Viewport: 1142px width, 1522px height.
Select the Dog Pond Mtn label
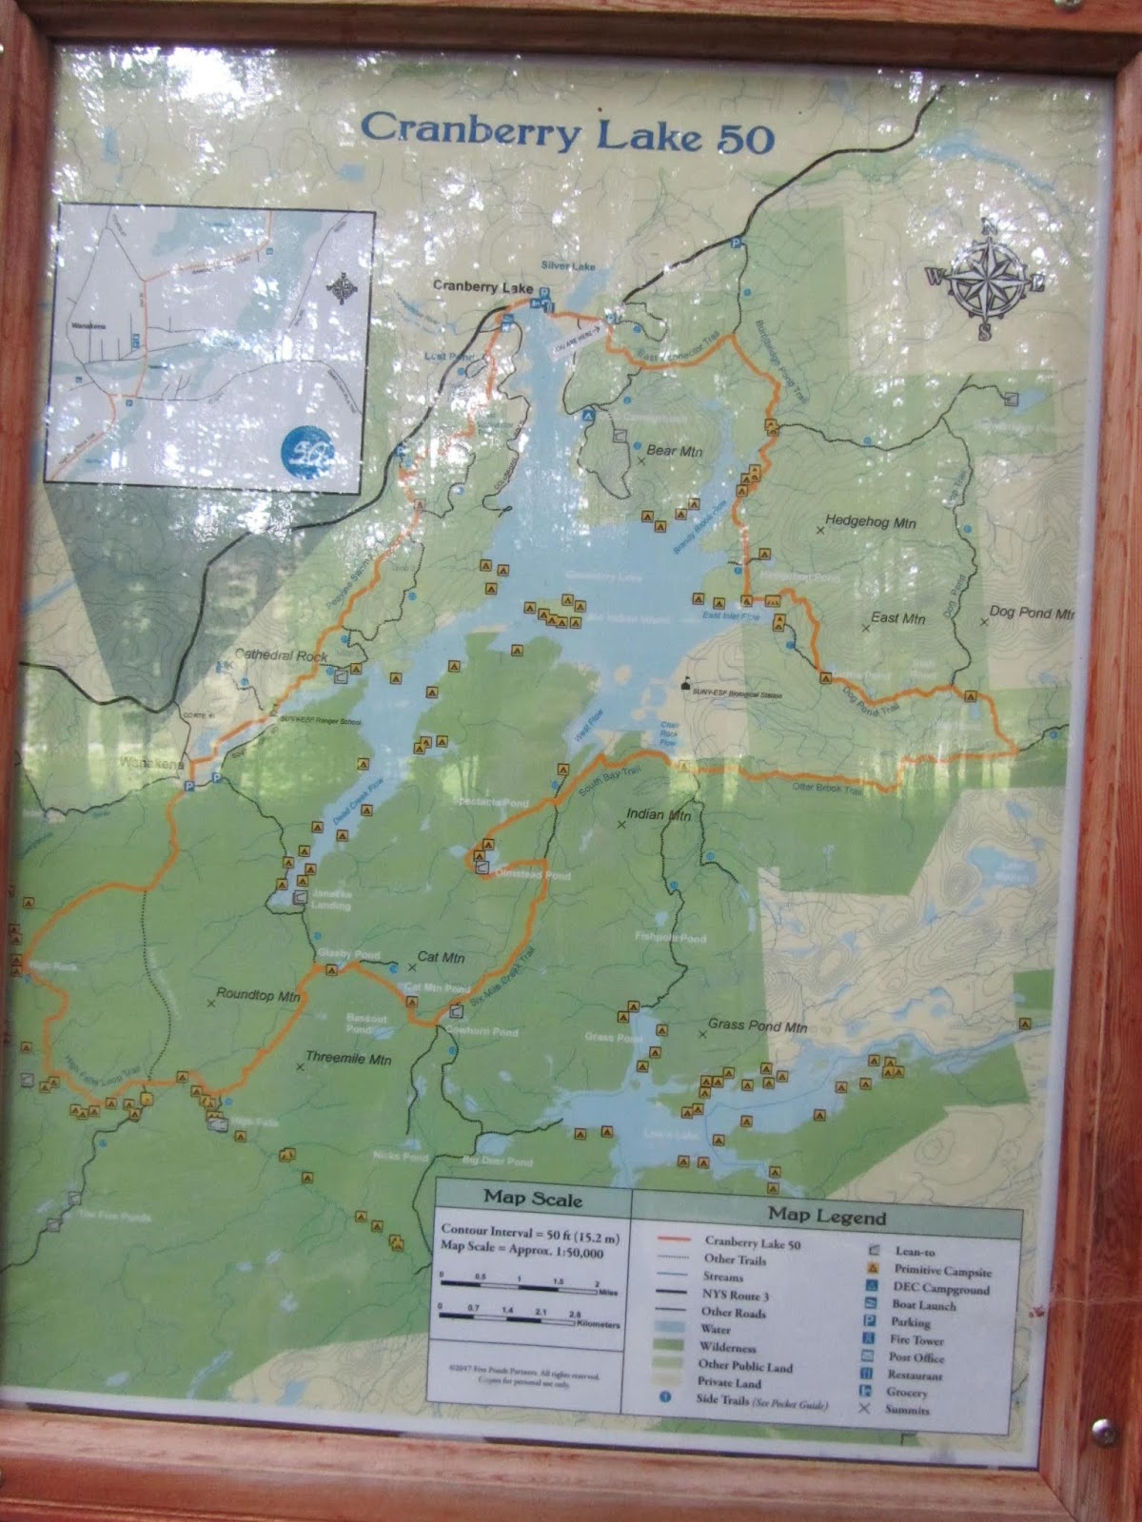click(1032, 613)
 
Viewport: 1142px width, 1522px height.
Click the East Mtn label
click(897, 618)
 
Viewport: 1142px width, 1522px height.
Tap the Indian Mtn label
click(659, 815)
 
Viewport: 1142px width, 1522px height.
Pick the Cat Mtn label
click(441, 958)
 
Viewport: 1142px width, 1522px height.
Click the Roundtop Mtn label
click(258, 996)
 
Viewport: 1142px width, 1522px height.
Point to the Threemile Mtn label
click(348, 1059)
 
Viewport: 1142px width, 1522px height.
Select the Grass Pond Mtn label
click(757, 1026)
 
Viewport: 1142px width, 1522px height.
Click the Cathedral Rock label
click(281, 656)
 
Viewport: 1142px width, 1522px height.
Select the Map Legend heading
click(826, 1216)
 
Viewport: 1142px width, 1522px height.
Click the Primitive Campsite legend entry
click(942, 1271)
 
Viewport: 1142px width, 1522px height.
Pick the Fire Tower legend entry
click(915, 1339)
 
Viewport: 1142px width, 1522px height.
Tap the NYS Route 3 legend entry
click(736, 1296)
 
